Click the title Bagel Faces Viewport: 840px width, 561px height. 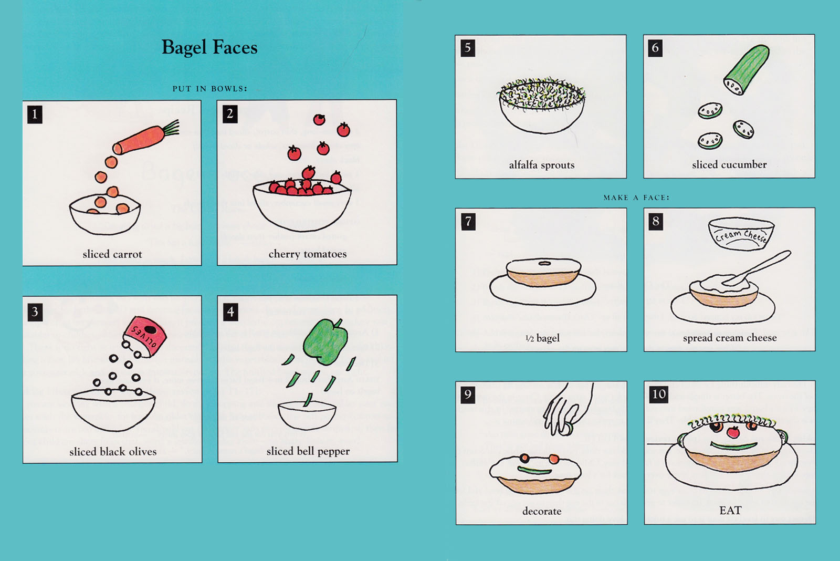[x=209, y=48]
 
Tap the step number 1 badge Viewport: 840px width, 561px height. [x=35, y=114]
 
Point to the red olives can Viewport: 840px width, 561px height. [x=145, y=336]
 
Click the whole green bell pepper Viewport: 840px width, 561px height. [x=325, y=341]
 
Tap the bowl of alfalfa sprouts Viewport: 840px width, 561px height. [x=541, y=106]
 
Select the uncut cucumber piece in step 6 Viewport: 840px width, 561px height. [x=746, y=70]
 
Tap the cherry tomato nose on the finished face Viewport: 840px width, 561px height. [x=733, y=432]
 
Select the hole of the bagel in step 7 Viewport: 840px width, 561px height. [x=544, y=263]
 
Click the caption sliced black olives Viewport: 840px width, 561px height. [x=113, y=451]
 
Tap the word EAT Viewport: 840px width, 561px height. [x=730, y=511]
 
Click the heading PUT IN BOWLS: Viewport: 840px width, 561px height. [x=209, y=89]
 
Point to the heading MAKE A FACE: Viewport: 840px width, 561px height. [x=636, y=198]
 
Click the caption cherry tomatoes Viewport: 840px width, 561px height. [x=308, y=254]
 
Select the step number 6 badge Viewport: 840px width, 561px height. [x=655, y=48]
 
